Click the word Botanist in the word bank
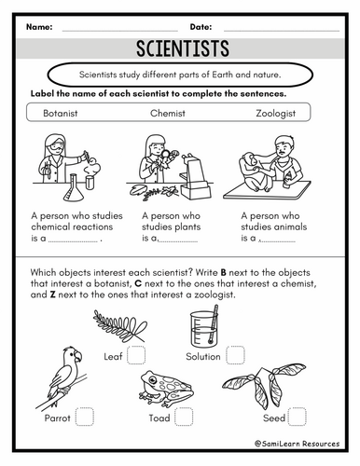(61, 113)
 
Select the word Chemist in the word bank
(168, 113)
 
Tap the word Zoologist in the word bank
(276, 114)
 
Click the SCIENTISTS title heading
(183, 48)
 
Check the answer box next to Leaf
(136, 355)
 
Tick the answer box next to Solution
(235, 355)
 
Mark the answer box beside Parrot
(85, 417)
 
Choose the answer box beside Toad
(184, 417)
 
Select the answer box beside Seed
(298, 417)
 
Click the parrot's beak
(78, 356)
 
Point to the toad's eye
(152, 379)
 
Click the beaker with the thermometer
(204, 326)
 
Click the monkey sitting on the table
(255, 171)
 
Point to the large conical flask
(74, 188)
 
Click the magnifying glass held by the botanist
(166, 154)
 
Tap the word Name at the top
(39, 27)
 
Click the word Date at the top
(201, 27)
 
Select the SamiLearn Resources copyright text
(298, 444)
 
